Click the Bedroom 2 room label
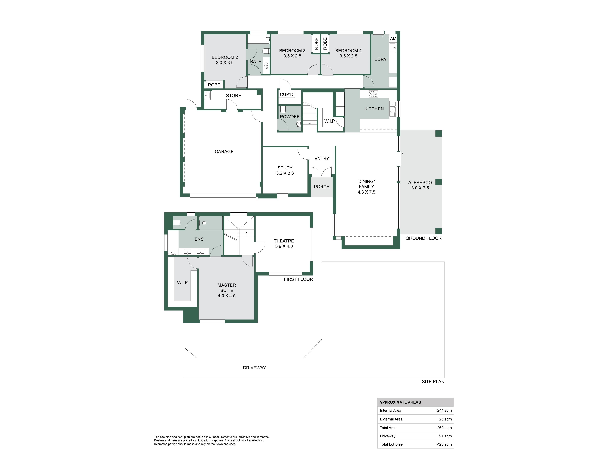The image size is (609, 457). coord(225,57)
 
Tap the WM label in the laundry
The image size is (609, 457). coord(393,39)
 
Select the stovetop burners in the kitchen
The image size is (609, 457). coord(373,94)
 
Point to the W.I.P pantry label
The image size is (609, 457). coord(330,121)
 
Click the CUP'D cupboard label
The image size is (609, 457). coord(287,94)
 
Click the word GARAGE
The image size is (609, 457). coord(224,152)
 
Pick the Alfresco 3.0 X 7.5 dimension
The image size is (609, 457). coord(420,188)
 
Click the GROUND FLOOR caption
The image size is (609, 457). coord(423,238)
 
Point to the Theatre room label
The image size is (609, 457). coord(284,241)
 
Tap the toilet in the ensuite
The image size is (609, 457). coord(177,222)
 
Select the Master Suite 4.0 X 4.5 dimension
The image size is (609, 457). coord(227,296)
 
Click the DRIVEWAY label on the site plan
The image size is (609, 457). coord(254,368)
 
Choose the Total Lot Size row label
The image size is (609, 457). coord(391,444)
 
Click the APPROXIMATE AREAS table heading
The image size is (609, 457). coord(400,402)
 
